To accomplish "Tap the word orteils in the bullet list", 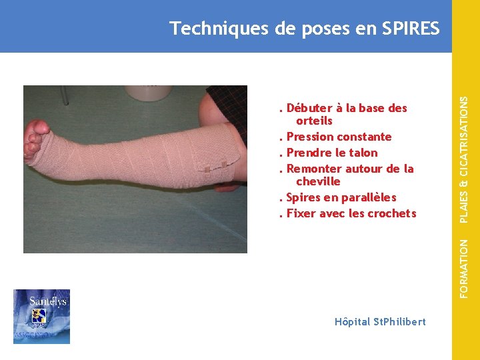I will point(314,121).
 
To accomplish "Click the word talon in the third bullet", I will point(363,153).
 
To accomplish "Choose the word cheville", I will point(318,181).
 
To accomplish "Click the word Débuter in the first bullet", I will point(309,108).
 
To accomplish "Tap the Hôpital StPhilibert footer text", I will point(380,321).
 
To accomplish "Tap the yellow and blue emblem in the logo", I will point(42,317).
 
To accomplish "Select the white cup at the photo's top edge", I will point(149,92).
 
